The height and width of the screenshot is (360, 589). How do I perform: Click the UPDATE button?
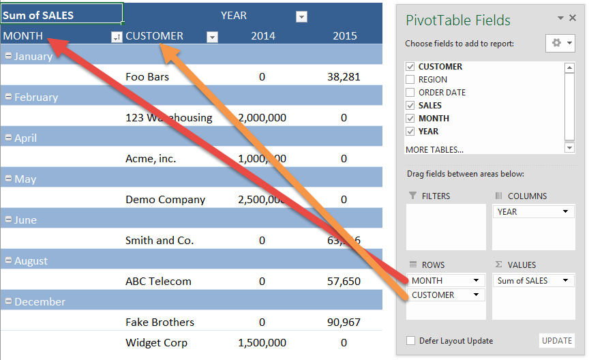tap(557, 341)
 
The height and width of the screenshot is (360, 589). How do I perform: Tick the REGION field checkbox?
tap(410, 80)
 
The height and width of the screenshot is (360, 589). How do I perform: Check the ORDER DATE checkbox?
tap(410, 93)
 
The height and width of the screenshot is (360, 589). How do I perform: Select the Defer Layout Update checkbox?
tap(410, 341)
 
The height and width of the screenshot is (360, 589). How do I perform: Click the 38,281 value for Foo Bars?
tap(344, 77)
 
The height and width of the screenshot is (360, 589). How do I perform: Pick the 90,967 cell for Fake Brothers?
tap(344, 322)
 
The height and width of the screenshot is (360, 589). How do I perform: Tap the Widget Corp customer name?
tap(156, 343)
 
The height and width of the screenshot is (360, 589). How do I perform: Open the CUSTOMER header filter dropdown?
tap(212, 37)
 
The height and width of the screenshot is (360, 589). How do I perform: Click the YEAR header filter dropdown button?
tap(301, 17)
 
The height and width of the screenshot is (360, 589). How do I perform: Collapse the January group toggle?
tap(8, 57)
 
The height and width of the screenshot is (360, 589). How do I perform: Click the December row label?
tap(40, 302)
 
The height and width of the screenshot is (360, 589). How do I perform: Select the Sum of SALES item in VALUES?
tap(532, 280)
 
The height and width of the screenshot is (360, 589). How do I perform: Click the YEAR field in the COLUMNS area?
tap(532, 211)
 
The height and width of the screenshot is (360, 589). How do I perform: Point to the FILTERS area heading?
tap(436, 196)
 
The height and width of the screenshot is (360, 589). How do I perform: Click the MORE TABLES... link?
tap(434, 149)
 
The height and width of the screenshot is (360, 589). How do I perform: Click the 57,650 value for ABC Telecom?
tap(344, 282)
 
